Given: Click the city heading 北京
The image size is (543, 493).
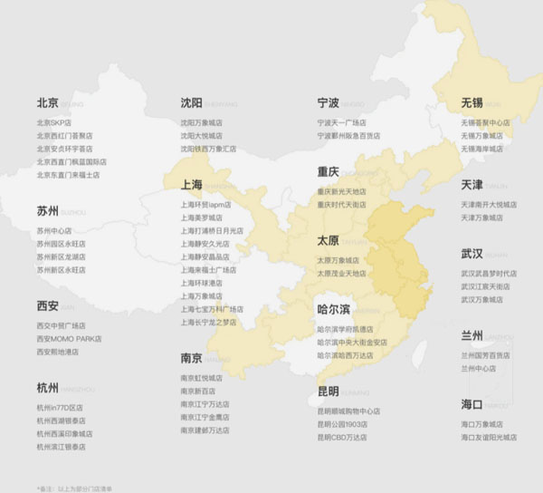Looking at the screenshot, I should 47,103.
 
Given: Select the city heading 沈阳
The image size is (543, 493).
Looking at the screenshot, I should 191,103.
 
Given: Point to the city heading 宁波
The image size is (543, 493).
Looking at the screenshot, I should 329,103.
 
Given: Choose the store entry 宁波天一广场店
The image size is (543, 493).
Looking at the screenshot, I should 341,122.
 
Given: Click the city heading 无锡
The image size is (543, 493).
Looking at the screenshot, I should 472,103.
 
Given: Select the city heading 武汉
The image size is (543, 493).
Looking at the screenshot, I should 472,253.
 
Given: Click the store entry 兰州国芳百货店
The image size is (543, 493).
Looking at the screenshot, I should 485,356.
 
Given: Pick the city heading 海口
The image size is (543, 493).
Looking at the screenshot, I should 472,404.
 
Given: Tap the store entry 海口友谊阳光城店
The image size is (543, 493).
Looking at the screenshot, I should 489,437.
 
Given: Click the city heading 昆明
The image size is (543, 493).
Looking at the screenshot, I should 328,391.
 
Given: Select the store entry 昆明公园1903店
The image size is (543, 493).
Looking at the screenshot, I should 341,424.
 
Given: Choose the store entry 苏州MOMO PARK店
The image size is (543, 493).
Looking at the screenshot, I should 69,339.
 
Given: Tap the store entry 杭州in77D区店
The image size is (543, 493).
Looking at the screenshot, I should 60,408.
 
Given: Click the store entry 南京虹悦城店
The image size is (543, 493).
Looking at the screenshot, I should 201,378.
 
